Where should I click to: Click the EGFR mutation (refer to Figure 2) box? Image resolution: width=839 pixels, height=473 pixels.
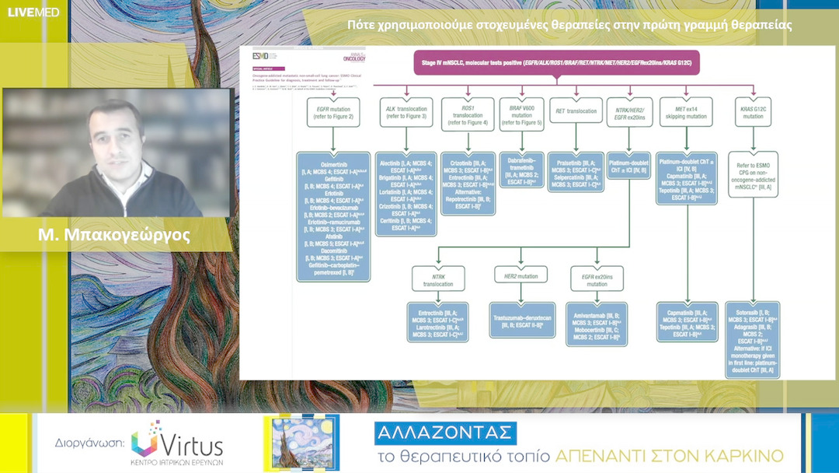click(x=332, y=114)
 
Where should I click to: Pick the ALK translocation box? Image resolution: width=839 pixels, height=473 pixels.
click(x=405, y=114)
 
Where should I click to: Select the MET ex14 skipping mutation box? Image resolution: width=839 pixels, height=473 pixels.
click(x=686, y=114)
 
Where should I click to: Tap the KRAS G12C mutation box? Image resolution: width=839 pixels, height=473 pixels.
click(x=753, y=114)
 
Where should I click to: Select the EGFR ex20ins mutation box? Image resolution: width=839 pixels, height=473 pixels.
click(x=595, y=279)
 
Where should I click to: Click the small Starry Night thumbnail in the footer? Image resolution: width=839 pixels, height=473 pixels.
click(x=301, y=443)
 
